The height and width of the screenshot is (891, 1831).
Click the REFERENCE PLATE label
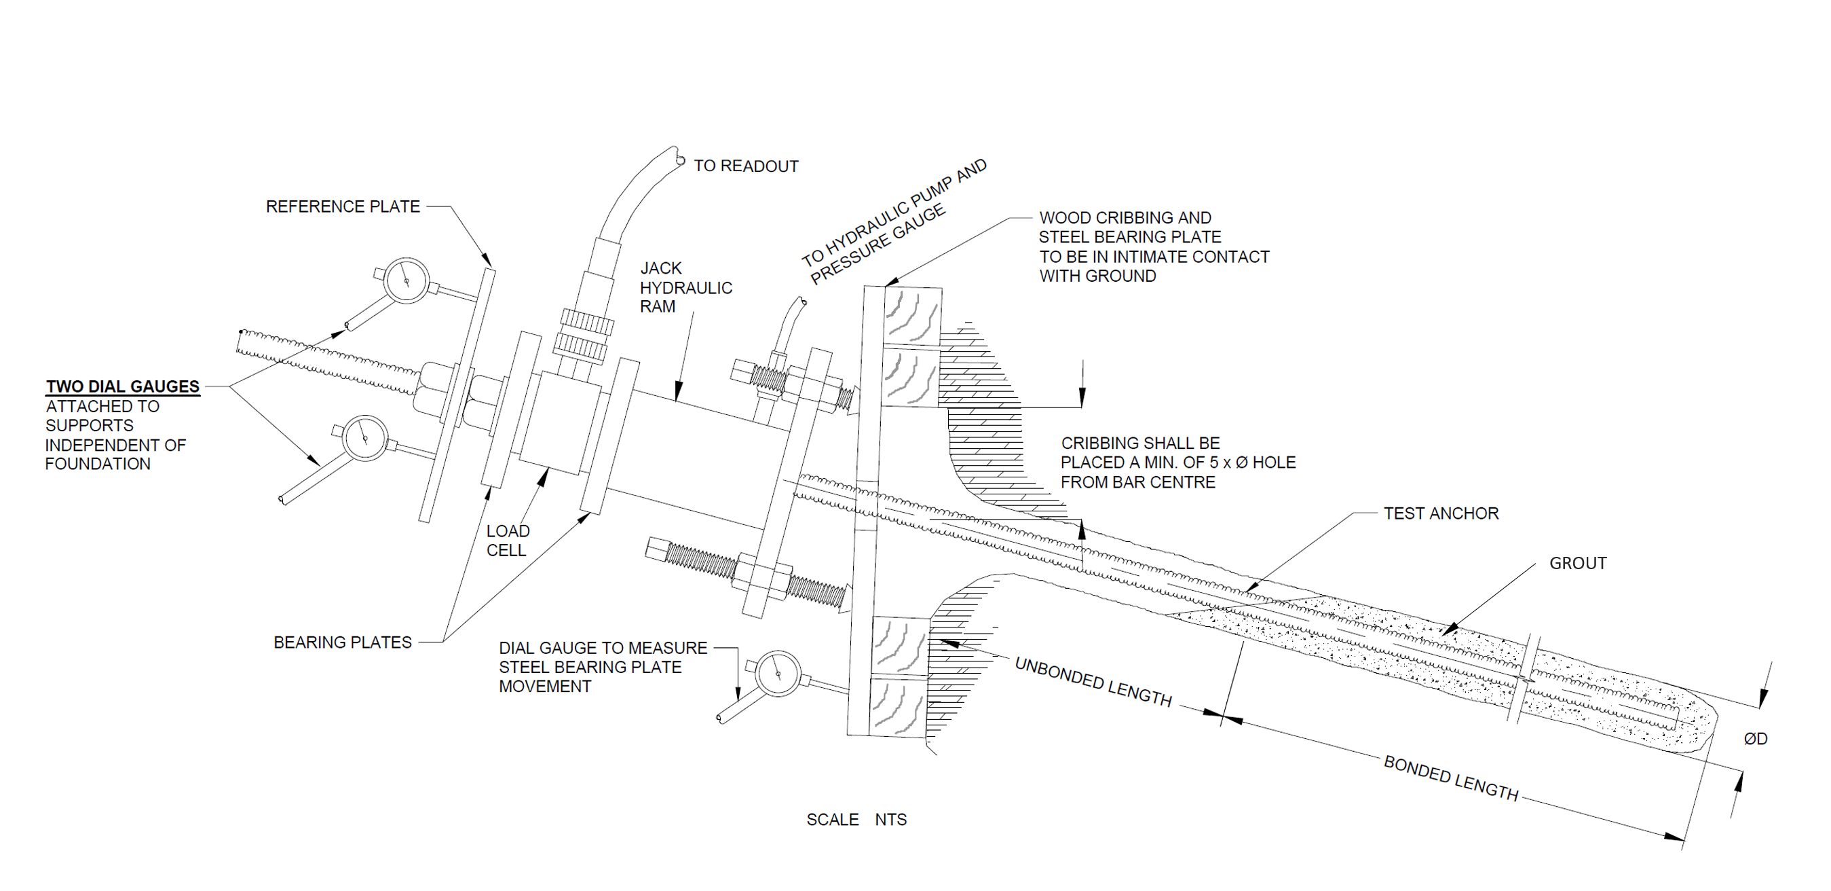tap(343, 206)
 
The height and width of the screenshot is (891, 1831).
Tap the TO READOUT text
tap(746, 166)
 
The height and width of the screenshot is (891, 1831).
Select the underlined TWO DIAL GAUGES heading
tap(123, 386)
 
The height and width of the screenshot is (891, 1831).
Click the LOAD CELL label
tap(507, 541)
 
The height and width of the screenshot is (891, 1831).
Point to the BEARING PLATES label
tap(343, 642)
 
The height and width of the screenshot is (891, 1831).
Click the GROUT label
tap(1577, 563)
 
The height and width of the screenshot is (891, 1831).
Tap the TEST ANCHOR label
tap(1441, 513)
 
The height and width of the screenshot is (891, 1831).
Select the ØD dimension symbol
tap(1755, 739)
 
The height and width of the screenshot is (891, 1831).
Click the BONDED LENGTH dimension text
tap(1451, 778)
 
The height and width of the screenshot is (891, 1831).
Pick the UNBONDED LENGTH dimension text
tap(1093, 681)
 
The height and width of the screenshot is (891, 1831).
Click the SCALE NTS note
tap(856, 820)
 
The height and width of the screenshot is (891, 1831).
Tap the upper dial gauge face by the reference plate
tap(406, 281)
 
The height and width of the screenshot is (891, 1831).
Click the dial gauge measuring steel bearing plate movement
tap(778, 674)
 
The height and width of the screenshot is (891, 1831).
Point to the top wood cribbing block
tap(913, 316)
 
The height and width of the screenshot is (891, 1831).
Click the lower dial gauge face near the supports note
tap(364, 438)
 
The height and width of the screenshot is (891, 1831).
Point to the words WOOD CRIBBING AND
tap(1125, 217)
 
